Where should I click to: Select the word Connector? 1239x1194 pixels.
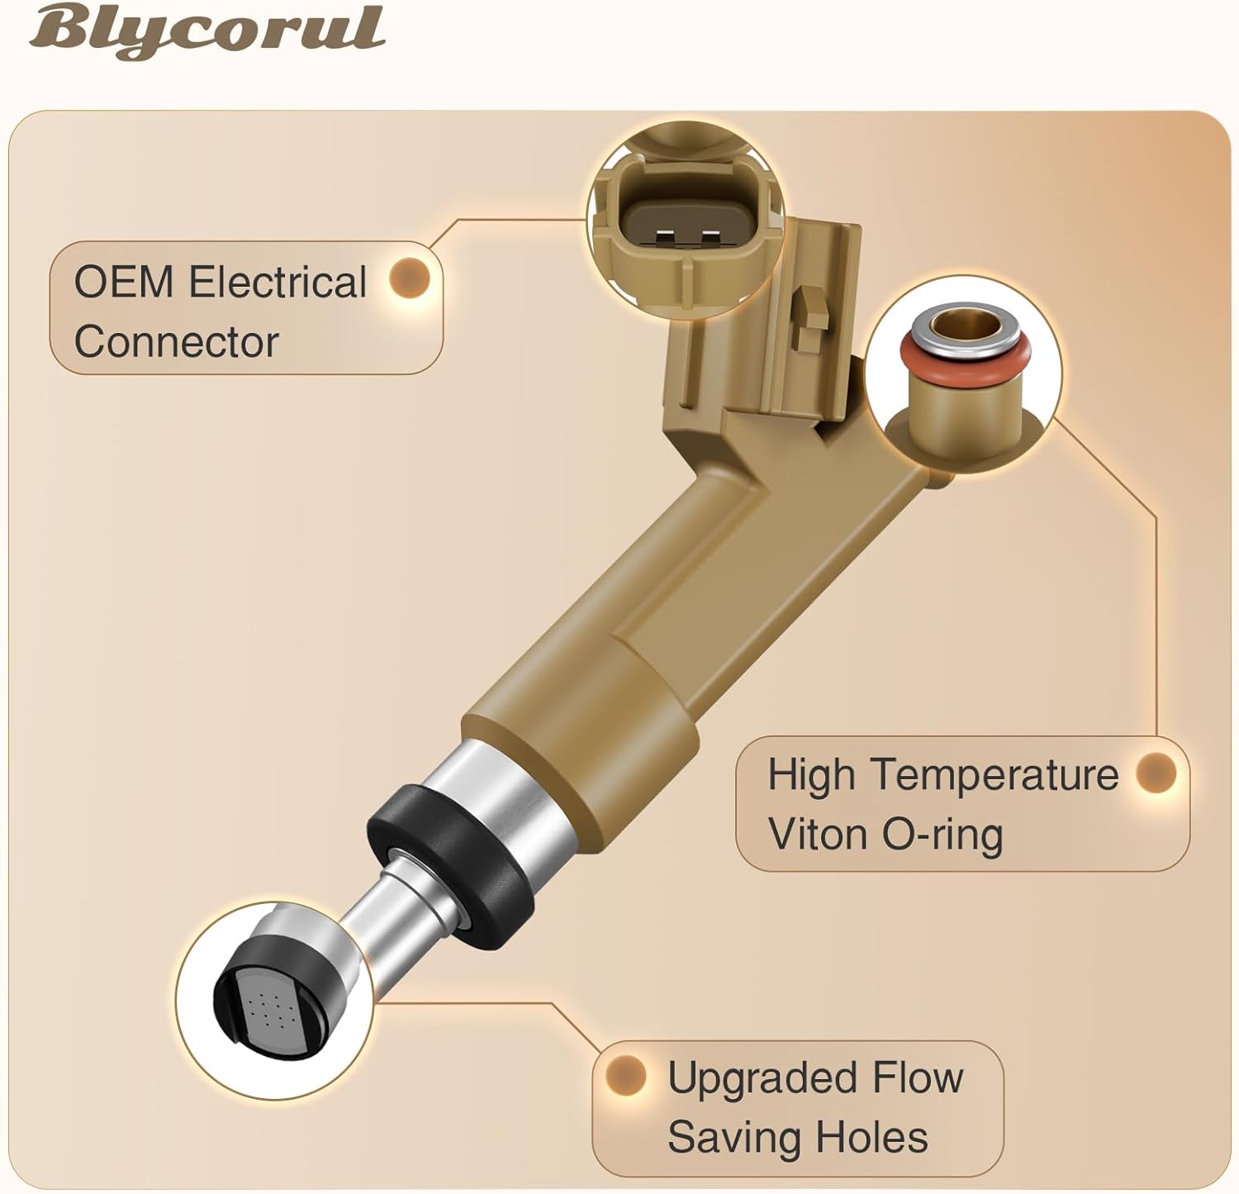(177, 342)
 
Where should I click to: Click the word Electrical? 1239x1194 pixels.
(278, 283)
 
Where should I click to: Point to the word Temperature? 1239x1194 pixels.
(995, 775)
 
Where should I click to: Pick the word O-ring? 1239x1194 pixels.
(942, 835)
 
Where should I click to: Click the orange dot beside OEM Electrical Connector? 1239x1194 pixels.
(410, 278)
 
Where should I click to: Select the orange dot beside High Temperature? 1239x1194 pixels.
(1156, 772)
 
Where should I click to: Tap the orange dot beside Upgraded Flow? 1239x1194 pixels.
(625, 1075)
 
